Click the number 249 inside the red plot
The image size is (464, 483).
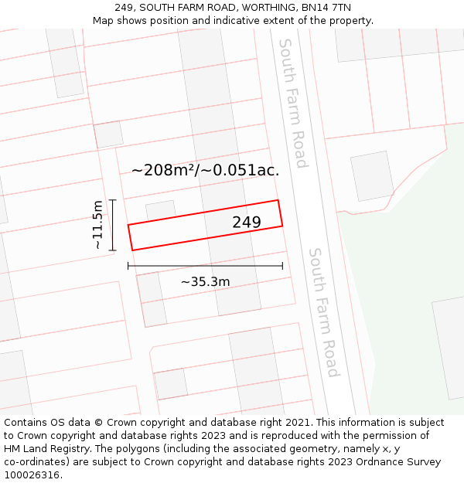(247, 223)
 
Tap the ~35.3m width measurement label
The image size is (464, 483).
(205, 282)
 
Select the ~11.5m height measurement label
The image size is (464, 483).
(97, 224)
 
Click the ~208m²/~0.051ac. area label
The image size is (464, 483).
(205, 170)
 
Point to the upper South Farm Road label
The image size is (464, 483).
(293, 103)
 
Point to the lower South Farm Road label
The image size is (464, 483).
(323, 312)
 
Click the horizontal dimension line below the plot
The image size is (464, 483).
(205, 266)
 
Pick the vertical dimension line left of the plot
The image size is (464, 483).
(113, 225)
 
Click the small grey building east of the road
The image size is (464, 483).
(372, 176)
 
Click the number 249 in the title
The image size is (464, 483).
(125, 8)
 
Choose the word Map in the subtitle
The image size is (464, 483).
(104, 20)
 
